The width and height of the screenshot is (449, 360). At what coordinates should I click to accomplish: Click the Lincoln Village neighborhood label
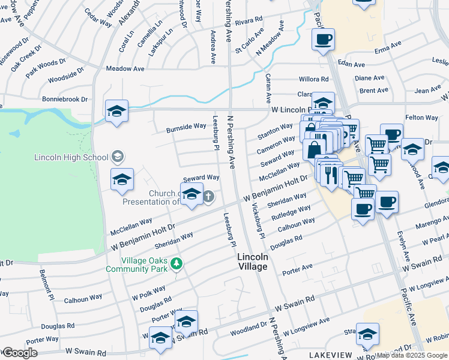[252, 261]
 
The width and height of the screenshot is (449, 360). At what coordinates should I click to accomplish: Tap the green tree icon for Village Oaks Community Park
[176, 263]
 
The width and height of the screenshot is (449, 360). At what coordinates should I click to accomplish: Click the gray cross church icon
[208, 197]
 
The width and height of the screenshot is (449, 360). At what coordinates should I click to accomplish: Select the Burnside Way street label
[186, 127]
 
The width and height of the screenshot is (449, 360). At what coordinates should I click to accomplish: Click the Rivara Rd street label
[249, 21]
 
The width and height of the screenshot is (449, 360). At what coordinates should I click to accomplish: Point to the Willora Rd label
[314, 79]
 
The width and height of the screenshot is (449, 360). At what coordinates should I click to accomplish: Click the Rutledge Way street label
[291, 213]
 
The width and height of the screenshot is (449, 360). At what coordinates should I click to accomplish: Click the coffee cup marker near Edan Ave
[323, 40]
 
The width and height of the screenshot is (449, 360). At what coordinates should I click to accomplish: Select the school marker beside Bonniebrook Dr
[116, 112]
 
